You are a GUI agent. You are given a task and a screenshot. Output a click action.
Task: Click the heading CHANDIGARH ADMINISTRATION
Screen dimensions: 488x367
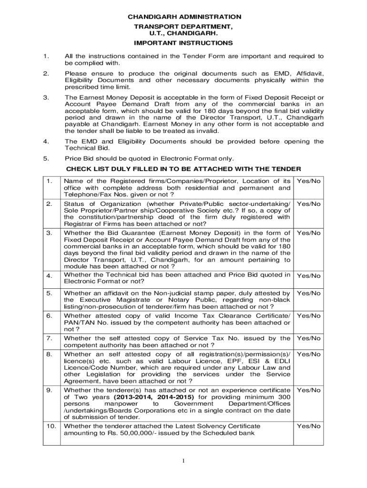[x=184, y=17]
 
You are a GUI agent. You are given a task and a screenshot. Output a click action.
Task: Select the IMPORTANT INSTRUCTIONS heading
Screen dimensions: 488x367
[x=183, y=43]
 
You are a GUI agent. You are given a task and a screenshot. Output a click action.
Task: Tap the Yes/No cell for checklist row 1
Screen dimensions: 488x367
[x=309, y=181]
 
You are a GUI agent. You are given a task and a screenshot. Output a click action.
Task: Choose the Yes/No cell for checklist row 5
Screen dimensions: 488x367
[x=309, y=293]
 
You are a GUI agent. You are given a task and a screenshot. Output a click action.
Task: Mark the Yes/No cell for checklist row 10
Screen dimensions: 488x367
[x=309, y=426]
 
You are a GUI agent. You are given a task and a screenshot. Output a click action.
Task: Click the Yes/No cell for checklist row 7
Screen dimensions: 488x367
[x=309, y=338]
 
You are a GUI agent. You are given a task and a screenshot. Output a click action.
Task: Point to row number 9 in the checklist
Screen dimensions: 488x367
[x=49, y=390]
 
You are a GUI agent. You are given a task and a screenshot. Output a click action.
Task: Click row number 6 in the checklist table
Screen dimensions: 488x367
[x=49, y=315]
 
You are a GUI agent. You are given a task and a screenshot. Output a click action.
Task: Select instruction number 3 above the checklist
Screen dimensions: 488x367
[x=45, y=97]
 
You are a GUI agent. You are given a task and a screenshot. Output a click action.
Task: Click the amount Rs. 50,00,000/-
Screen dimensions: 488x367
[x=122, y=433]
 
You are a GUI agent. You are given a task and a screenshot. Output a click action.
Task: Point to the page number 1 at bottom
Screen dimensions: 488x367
[x=183, y=460]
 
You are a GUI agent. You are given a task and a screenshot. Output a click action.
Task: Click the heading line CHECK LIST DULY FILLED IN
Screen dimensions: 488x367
[x=183, y=169]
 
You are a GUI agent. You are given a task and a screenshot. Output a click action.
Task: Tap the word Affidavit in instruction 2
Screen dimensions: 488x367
[x=310, y=74]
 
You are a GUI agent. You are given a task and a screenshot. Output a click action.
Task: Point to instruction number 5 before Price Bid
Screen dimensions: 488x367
[x=45, y=159]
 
